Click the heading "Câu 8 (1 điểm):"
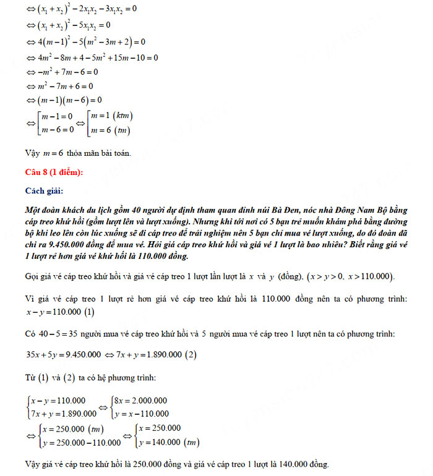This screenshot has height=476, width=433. pyautogui.click(x=53, y=171)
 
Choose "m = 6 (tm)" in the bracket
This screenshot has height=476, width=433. pyautogui.click(x=109, y=130)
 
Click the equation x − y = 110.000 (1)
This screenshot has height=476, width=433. pyautogui.click(x=60, y=312)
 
